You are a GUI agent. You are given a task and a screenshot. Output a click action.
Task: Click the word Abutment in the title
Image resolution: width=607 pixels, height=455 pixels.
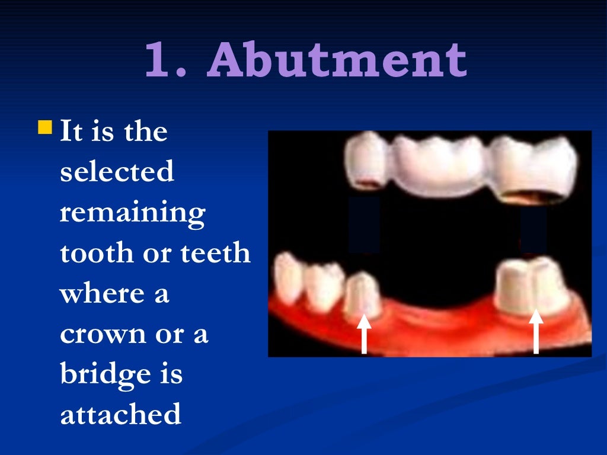(x=337, y=62)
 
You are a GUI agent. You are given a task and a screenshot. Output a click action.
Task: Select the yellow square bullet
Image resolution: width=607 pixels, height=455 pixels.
(x=45, y=127)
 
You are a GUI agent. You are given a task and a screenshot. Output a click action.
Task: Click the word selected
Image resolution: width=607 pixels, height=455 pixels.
(x=117, y=172)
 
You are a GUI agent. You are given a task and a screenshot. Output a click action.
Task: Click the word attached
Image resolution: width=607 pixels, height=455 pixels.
(x=120, y=415)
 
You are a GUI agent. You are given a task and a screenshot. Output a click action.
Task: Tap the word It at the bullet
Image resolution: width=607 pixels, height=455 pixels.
(x=71, y=132)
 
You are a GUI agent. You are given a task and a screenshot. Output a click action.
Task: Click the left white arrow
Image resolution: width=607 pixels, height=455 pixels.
(x=364, y=334)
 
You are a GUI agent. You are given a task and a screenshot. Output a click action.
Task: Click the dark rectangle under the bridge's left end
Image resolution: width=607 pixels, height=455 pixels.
(x=364, y=224)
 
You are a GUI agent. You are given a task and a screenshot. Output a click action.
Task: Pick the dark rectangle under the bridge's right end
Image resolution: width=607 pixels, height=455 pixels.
(x=533, y=229)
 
